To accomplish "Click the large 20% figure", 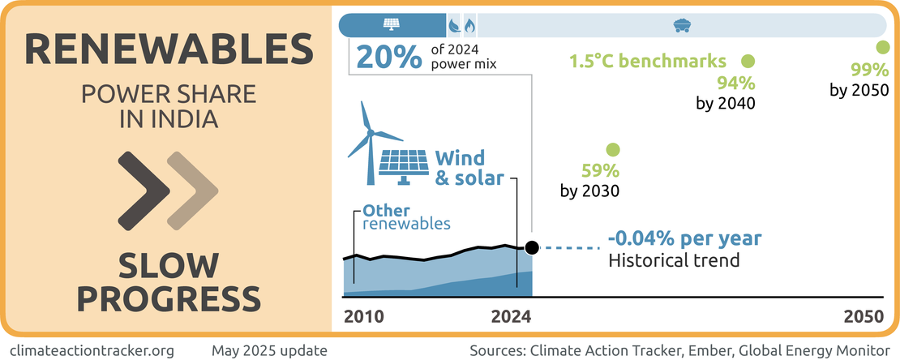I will [388, 58].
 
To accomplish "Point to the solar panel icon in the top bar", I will [392, 24].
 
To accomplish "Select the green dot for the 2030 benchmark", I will [613, 150].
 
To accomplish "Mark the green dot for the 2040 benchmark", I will [748, 61].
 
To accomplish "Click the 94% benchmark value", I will [735, 83].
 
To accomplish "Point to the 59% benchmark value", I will [600, 171].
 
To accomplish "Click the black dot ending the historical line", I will [531, 247].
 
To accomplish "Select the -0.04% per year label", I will [685, 238].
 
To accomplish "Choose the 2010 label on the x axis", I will [363, 316].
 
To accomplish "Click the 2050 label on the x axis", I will [862, 316].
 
